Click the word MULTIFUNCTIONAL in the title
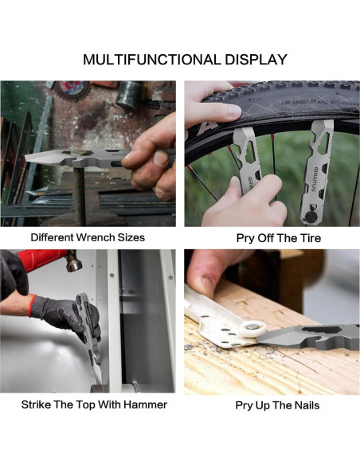[x=152, y=60]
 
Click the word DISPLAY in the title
[x=256, y=60]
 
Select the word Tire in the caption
[x=311, y=238]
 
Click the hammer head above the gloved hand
[x=73, y=260]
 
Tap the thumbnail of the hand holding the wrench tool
[x=161, y=158]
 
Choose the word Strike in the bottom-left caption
[x=36, y=404]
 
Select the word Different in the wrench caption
[x=53, y=237]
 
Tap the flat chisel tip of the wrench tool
[x=38, y=157]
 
